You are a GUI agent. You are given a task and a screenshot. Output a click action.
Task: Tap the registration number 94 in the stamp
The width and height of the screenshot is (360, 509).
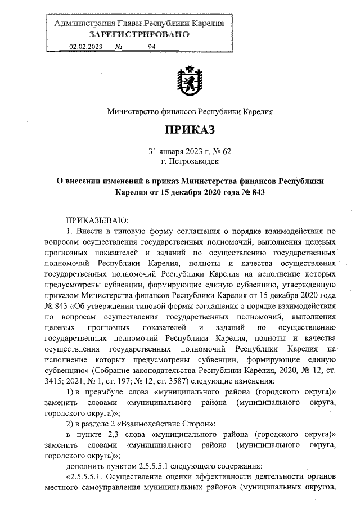click(x=151, y=48)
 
